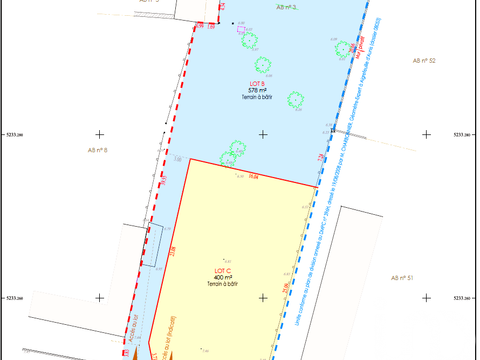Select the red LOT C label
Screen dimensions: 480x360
pyautogui.click(x=224, y=270)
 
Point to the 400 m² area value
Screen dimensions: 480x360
pyautogui.click(x=224, y=277)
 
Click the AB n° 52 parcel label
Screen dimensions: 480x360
pyautogui.click(x=423, y=61)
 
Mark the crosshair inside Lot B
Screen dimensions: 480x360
pyautogui.click(x=263, y=134)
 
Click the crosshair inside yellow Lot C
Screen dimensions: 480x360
pyautogui.click(x=263, y=297)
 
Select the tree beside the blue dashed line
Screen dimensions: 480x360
pyautogui.click(x=345, y=48)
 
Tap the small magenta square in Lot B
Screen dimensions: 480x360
pyautogui.click(x=241, y=30)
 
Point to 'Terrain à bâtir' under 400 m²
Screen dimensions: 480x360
pyautogui.click(x=224, y=284)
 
